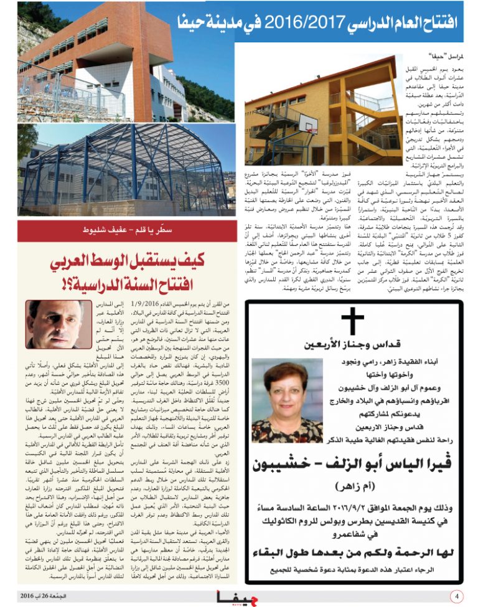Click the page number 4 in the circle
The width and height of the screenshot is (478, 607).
coord(457,596)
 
